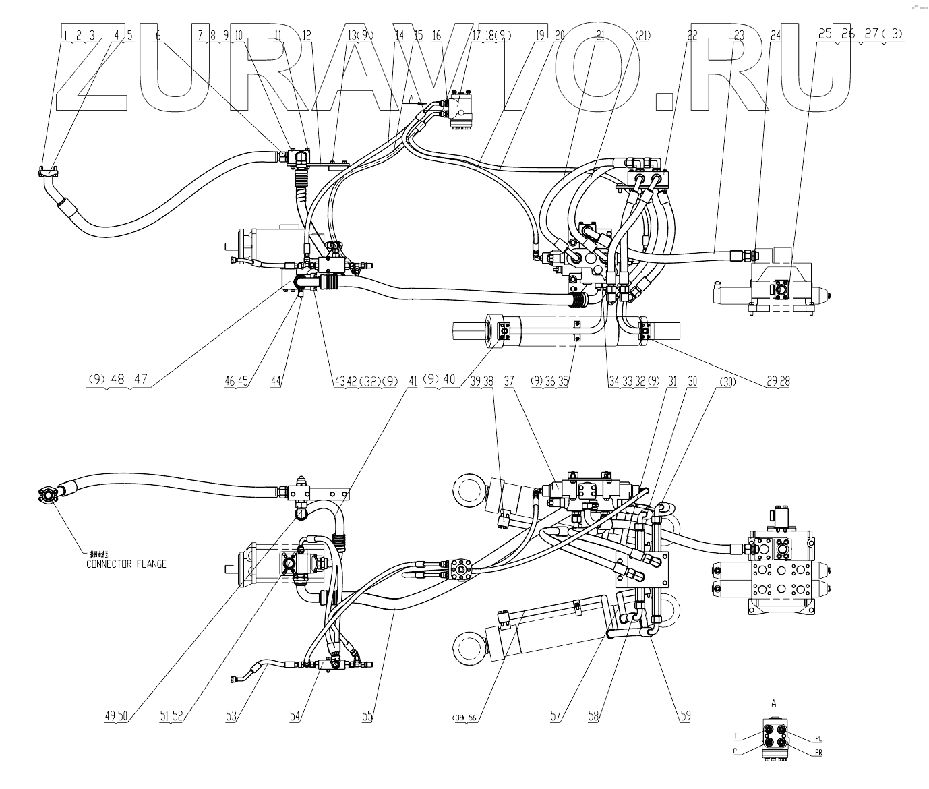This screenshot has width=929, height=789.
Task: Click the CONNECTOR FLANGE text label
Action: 126,564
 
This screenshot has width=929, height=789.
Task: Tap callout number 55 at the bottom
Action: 367,717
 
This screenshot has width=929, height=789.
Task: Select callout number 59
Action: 685,717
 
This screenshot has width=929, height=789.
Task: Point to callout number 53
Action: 231,717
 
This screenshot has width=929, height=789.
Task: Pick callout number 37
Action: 508,381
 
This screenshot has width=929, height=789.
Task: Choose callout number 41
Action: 413,381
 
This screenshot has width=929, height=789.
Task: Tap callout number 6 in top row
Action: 158,35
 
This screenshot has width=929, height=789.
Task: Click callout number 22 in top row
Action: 692,35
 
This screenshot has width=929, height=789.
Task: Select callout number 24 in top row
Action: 776,35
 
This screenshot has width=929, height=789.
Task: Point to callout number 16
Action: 437,35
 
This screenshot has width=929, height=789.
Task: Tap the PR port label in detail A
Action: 818,753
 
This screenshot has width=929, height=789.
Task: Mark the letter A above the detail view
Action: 774,702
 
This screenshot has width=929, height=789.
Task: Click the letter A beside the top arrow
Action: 411,98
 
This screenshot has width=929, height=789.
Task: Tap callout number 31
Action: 671,381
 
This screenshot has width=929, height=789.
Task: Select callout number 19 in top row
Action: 539,35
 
